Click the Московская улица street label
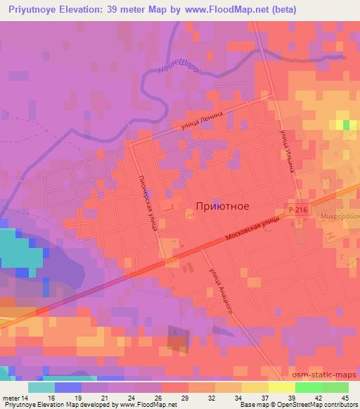coord(253,230)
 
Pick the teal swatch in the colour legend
coord(41,387)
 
